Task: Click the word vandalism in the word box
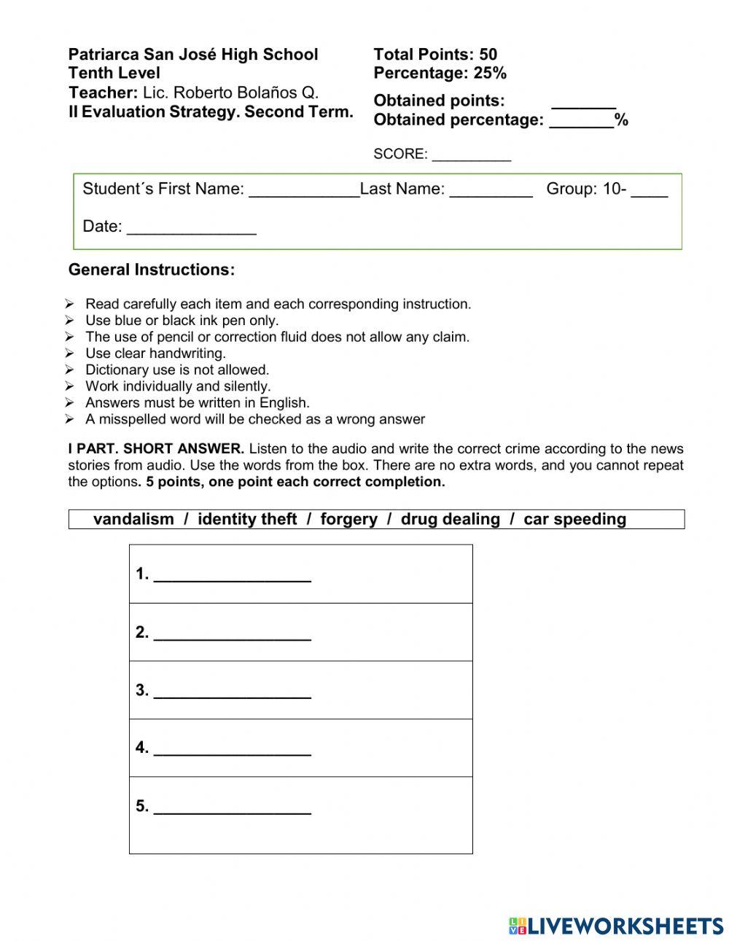pyautogui.click(x=133, y=519)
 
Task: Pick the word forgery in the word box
pyautogui.click(x=348, y=519)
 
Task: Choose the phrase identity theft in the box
pyautogui.click(x=247, y=519)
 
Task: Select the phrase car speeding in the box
pyautogui.click(x=574, y=519)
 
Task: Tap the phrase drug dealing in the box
pyautogui.click(x=451, y=519)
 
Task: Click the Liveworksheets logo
pyautogui.click(x=616, y=925)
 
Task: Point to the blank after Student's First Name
pyautogui.click(x=304, y=191)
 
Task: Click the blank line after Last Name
pyautogui.click(x=491, y=191)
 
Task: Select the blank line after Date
pyautogui.click(x=192, y=229)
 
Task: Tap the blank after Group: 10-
pyautogui.click(x=649, y=191)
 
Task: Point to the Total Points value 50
pyautogui.click(x=488, y=55)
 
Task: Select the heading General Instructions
pyautogui.click(x=152, y=270)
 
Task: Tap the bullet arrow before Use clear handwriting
pyautogui.click(x=69, y=354)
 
